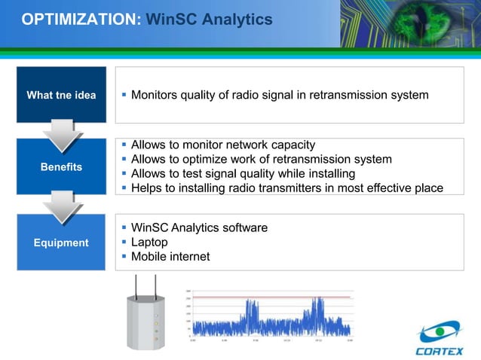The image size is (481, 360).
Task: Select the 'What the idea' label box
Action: coord(61,95)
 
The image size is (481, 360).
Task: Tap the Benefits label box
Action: coord(61,166)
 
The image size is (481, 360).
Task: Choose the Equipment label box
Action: coord(61,243)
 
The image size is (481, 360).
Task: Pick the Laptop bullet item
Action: coord(149,243)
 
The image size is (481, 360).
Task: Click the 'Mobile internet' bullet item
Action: coord(170,257)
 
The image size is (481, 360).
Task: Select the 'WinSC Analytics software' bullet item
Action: coord(199,227)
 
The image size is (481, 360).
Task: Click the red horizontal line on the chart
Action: coord(271,297)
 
